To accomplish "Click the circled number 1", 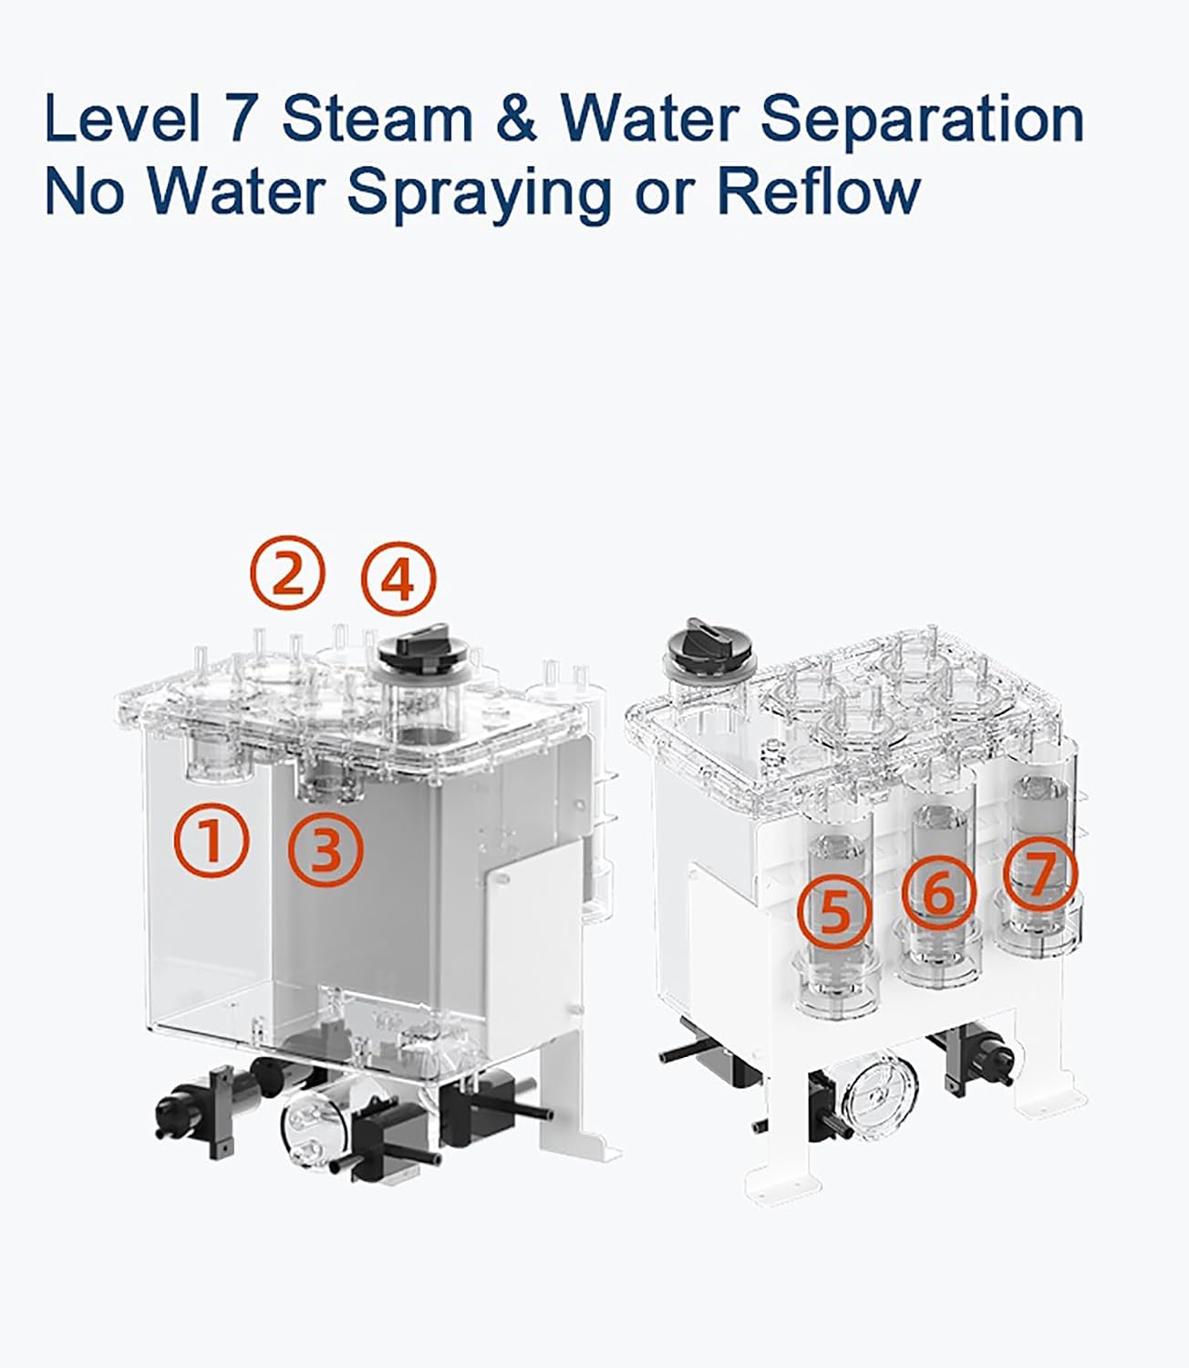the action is coord(212,841).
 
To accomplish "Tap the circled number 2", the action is coord(287,573).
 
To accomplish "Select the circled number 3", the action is coord(326,850).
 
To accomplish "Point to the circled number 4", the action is coord(399,579).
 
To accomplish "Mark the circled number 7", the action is coord(1040,873).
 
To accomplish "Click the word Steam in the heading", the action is coord(377,119).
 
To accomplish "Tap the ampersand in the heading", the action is coord(517,119).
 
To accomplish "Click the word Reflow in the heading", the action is coord(819,192).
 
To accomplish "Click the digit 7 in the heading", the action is coord(240,119).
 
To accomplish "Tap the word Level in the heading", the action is coord(123,119).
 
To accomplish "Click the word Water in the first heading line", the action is coord(649,119).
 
